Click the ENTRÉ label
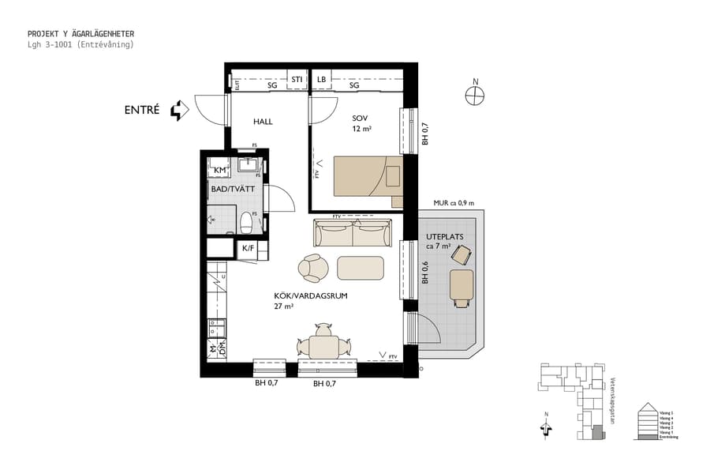point(142,111)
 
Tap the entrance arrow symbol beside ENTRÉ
point(181,111)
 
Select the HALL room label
point(263,122)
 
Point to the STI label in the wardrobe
point(297,80)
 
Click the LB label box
point(321,80)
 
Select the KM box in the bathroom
point(220,170)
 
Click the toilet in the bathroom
point(246,222)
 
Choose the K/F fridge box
point(248,248)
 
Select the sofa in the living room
point(353,234)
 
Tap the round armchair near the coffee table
point(313,268)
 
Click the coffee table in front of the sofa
point(361,268)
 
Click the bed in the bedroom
point(367,175)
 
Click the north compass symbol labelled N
point(475,95)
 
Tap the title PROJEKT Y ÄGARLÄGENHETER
point(80,34)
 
